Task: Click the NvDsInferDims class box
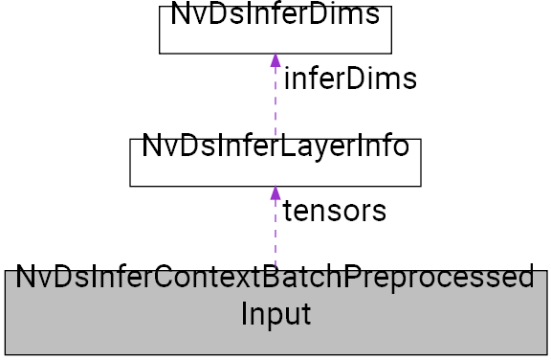pos(275,29)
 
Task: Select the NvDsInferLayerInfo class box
pos(275,161)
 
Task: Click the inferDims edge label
pos(350,79)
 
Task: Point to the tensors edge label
pos(334,211)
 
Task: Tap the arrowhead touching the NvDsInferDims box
pos(275,59)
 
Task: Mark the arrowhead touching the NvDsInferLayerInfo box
pos(275,192)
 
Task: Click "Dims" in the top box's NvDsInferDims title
pos(348,15)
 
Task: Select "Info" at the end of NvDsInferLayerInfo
pos(383,148)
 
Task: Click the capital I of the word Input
pos(244,313)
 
